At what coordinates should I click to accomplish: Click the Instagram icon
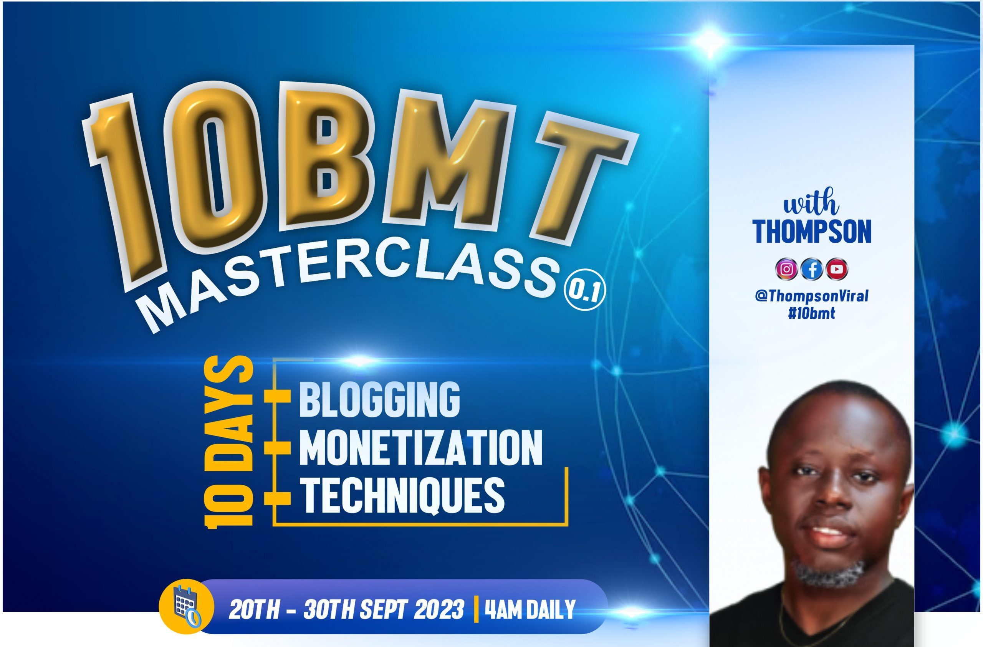pos(787,269)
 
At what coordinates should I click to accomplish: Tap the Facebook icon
pos(812,269)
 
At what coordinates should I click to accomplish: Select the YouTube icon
pos(837,269)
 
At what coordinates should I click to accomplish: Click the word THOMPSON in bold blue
pos(812,232)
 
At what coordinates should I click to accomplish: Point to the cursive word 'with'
pos(811,202)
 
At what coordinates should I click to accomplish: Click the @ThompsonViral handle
pos(812,296)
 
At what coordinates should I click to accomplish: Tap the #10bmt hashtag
pos(811,313)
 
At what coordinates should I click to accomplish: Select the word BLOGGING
pos(379,399)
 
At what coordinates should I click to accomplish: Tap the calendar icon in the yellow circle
pos(187,607)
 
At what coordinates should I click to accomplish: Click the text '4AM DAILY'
pos(530,609)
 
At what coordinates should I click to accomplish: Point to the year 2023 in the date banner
pos(439,609)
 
